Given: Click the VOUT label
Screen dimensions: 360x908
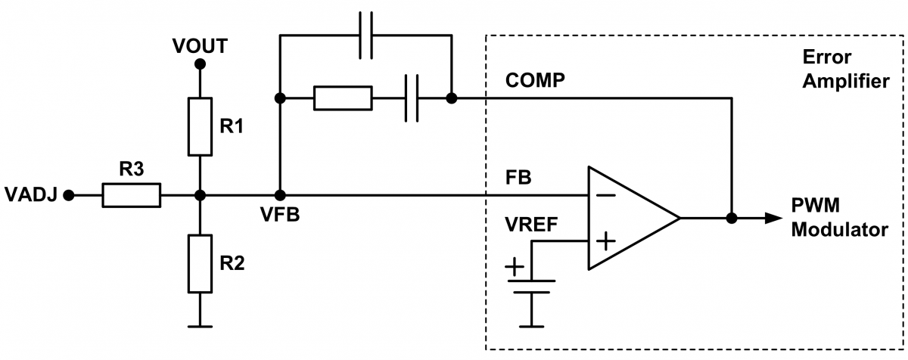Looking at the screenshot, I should (200, 45).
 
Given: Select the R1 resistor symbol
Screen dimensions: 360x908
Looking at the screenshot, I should (200, 125).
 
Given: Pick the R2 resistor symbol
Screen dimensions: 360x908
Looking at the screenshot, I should (200, 263).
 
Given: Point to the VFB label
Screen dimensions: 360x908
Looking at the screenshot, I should (279, 214).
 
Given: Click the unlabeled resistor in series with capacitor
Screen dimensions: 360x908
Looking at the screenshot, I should (343, 98).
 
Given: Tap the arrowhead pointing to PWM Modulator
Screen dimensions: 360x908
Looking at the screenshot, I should (772, 218).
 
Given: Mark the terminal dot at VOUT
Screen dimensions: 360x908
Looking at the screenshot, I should (200, 65).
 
